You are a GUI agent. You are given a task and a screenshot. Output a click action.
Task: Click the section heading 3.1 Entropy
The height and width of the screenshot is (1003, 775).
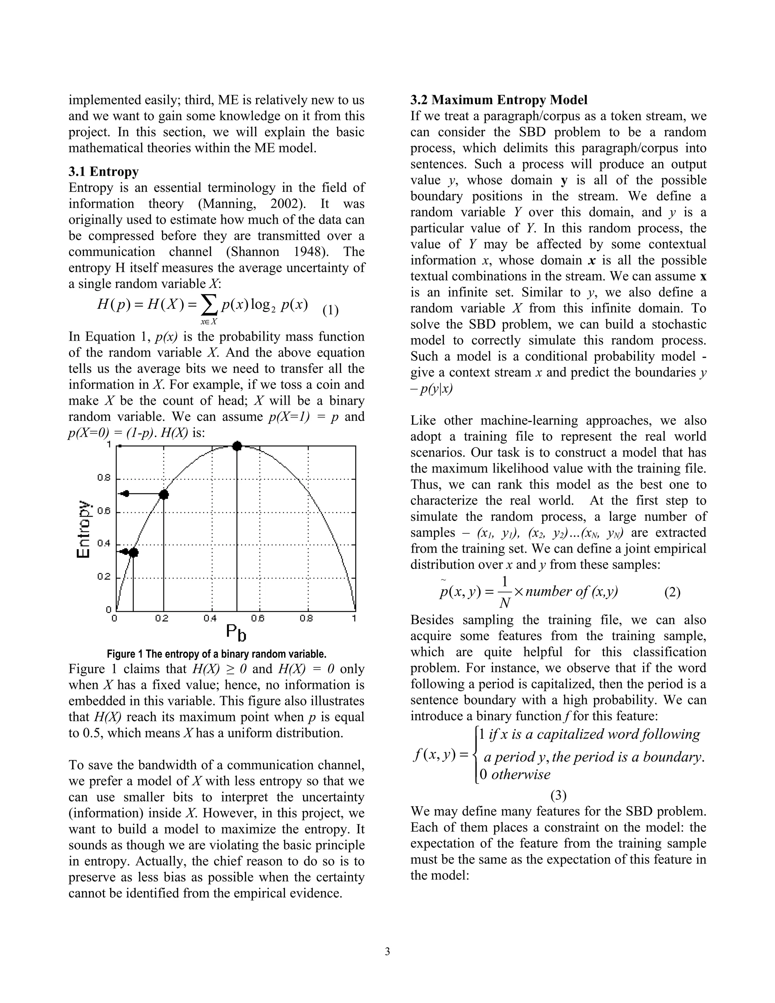pos(103,172)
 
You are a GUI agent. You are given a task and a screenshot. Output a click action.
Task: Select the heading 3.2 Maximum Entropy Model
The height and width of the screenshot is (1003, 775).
pos(499,100)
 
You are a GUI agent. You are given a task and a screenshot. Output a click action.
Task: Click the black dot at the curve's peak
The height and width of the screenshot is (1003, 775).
pos(237,446)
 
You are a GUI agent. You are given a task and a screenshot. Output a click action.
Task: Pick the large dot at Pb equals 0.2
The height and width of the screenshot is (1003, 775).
pos(164,495)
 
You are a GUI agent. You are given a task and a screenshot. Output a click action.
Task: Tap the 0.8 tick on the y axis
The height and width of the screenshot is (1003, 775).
pos(104,478)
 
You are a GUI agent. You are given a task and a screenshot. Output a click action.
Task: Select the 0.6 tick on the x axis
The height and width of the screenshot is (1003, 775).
pos(258,618)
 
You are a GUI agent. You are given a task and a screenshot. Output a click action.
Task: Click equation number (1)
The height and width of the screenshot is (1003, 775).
pos(330,310)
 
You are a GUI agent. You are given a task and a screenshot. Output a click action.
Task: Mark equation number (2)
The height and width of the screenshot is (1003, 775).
pos(672,592)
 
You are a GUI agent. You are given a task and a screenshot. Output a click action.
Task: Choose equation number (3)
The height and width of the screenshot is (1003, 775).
pos(558,795)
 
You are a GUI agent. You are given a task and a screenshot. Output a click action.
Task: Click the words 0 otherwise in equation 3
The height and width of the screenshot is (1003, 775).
pos(514,775)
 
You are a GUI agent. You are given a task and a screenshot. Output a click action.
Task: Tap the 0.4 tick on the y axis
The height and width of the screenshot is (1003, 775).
pos(104,544)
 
